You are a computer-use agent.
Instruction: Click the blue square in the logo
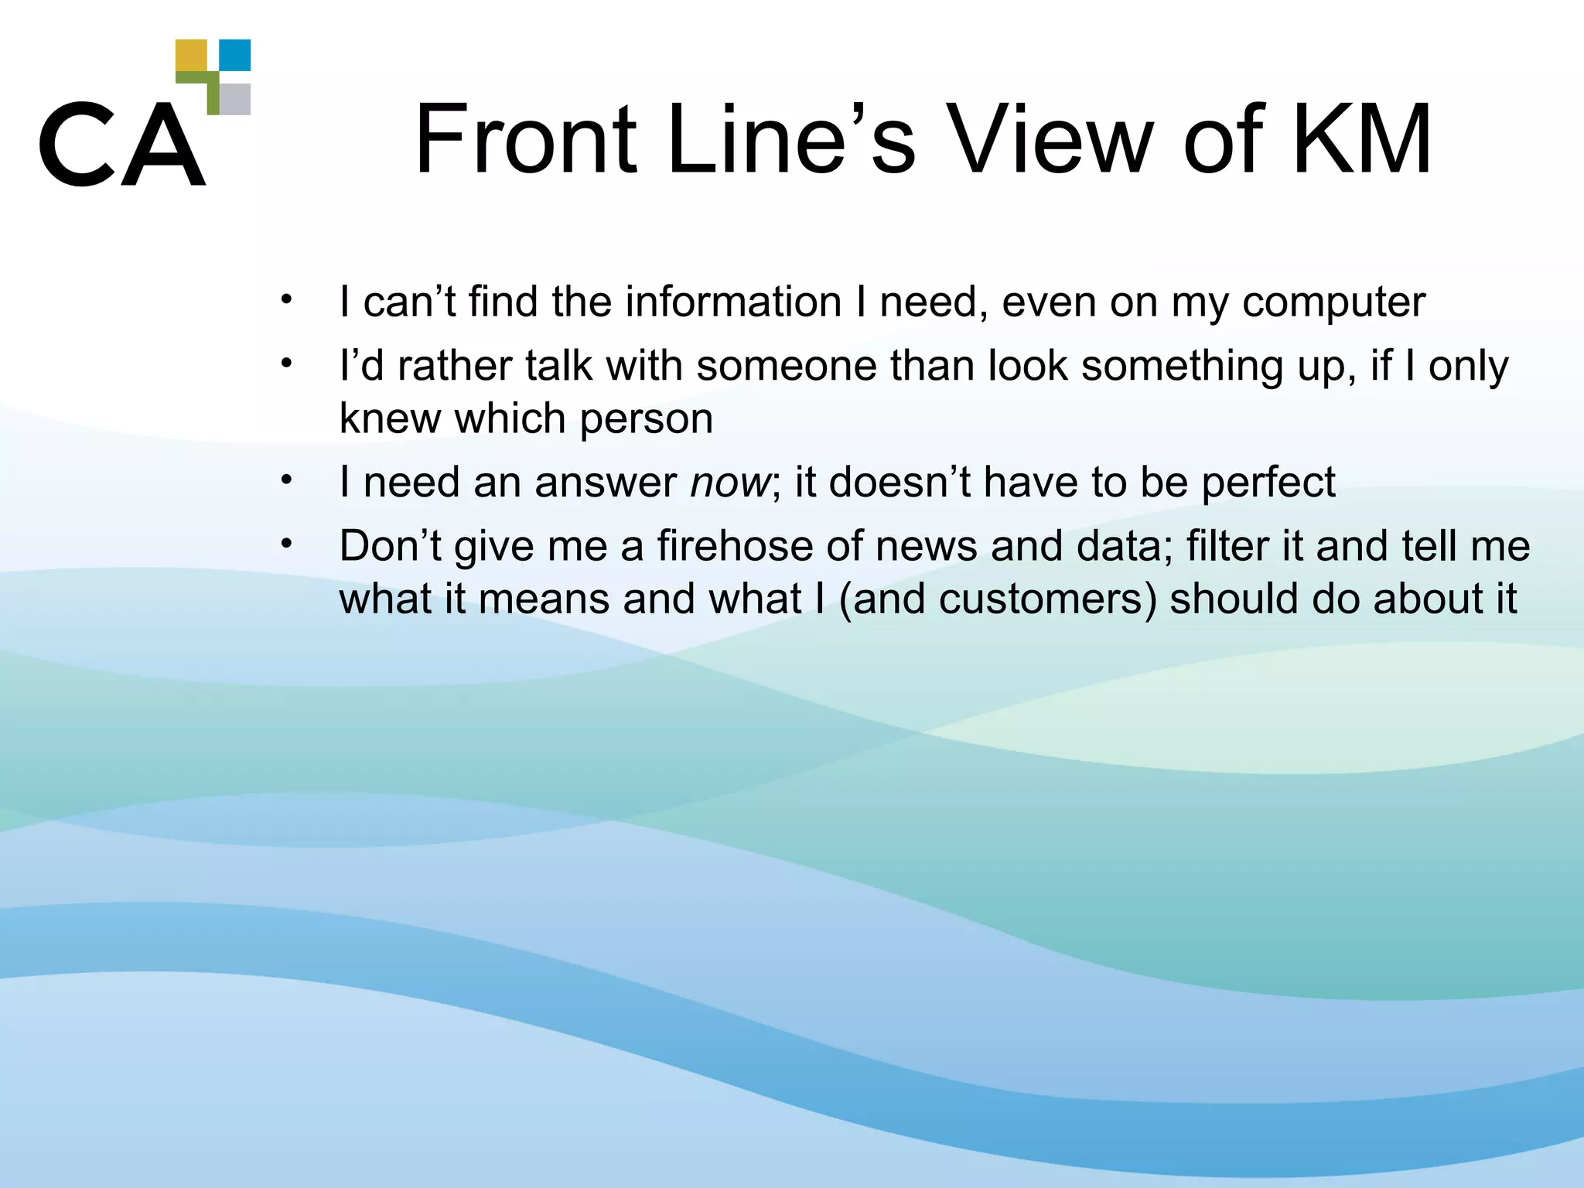coord(235,55)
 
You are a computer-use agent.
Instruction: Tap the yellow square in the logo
coord(191,55)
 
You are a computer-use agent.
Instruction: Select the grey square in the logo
coord(235,99)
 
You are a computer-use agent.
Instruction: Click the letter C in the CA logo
coord(75,144)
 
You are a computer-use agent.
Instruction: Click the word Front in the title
coord(526,140)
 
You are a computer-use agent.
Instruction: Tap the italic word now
coord(729,483)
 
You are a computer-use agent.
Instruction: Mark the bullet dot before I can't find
coord(286,299)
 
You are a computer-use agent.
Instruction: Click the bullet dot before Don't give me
coord(286,544)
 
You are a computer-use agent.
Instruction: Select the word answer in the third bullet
coord(606,483)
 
